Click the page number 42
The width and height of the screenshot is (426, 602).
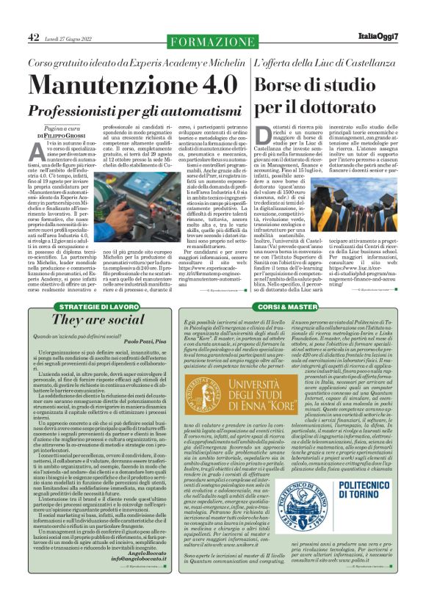[x=34, y=38]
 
